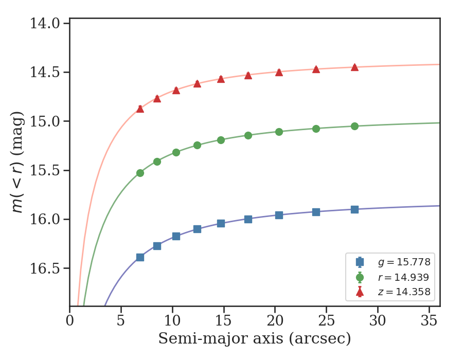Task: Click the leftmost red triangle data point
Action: click(x=140, y=109)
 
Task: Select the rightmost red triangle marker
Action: click(x=354, y=67)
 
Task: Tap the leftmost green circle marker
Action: click(x=140, y=173)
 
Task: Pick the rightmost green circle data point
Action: click(x=354, y=126)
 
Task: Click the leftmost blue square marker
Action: click(x=140, y=257)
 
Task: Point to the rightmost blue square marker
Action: click(x=354, y=209)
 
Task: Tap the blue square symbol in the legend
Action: click(x=360, y=262)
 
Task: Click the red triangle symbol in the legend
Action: click(x=360, y=293)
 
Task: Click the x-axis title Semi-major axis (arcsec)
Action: click(x=255, y=339)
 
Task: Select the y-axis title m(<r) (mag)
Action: click(x=19, y=162)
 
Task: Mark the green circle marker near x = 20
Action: click(x=279, y=132)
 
